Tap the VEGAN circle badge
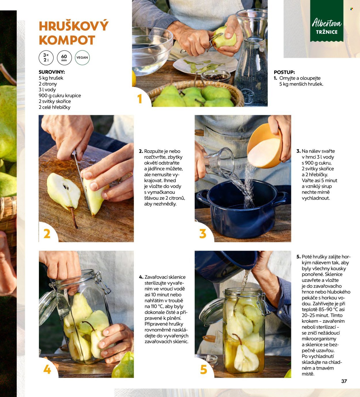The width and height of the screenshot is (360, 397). pos(82,58)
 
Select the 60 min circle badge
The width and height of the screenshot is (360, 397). pos(64,58)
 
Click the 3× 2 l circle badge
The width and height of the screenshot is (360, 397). pos(46,58)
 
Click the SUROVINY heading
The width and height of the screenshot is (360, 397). pos(52,72)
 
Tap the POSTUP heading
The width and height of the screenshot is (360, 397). pos(284,72)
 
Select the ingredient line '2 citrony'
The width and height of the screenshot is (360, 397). pos(48,84)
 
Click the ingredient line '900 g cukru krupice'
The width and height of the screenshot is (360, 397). pos(60,96)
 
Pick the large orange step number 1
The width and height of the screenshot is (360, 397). pos(140,99)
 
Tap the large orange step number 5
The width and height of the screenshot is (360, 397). pos(203,369)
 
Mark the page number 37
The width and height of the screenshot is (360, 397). pos(344,381)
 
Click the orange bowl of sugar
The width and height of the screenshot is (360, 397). pos(264,146)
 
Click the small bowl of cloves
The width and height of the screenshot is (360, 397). pos(216,76)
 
